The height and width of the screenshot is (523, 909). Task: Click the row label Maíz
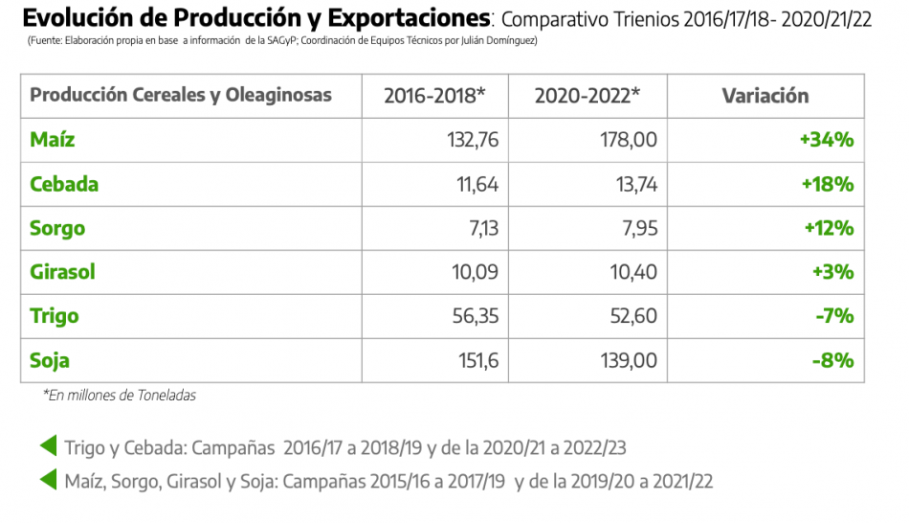(x=53, y=140)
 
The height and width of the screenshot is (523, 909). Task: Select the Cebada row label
(x=64, y=184)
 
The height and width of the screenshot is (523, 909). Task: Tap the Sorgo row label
(x=57, y=228)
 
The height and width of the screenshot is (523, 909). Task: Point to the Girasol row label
(x=63, y=272)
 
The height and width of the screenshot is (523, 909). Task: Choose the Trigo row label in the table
(x=55, y=316)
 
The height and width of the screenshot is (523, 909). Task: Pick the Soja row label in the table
(x=50, y=361)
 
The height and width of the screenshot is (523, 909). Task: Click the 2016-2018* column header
(x=434, y=96)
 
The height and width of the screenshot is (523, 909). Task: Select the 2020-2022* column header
(x=588, y=96)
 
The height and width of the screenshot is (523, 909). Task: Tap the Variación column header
(x=765, y=96)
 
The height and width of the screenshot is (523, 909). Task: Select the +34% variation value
(x=827, y=140)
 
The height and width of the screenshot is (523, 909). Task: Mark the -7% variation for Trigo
(x=832, y=316)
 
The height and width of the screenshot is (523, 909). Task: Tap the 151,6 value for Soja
(x=476, y=361)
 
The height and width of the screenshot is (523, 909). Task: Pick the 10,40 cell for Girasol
(x=632, y=272)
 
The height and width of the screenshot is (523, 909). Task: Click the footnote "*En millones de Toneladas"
(x=120, y=395)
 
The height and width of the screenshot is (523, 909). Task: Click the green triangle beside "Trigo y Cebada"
(x=48, y=446)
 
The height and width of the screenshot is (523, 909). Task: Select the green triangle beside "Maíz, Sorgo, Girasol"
(x=48, y=480)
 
